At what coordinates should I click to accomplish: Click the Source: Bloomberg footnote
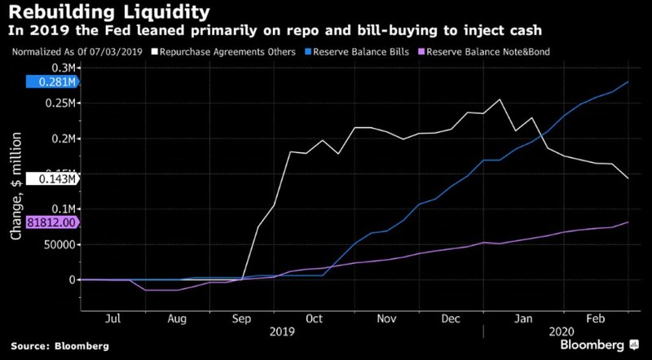tap(59, 346)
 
